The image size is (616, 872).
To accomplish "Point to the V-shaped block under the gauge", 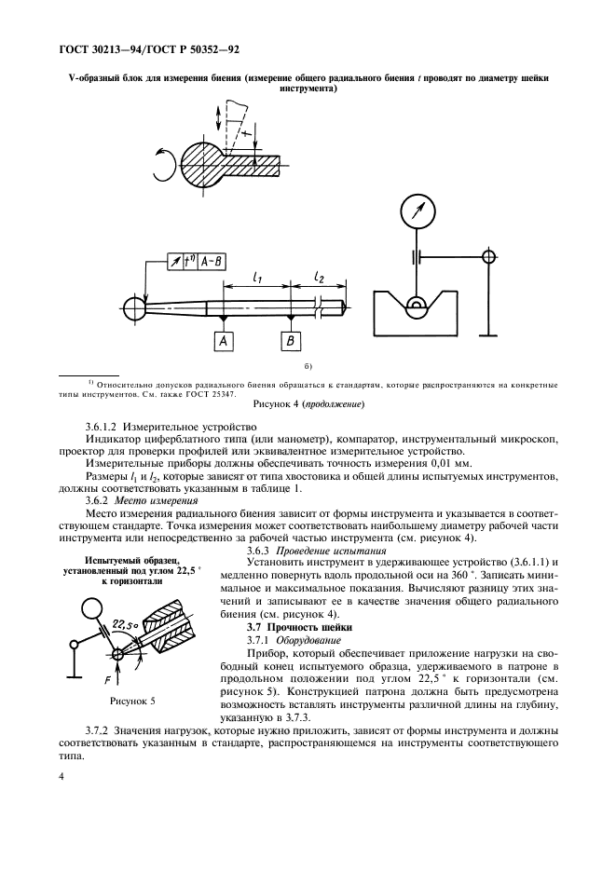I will click(x=416, y=317).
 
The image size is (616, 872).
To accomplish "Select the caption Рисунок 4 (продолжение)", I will click(x=308, y=406).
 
